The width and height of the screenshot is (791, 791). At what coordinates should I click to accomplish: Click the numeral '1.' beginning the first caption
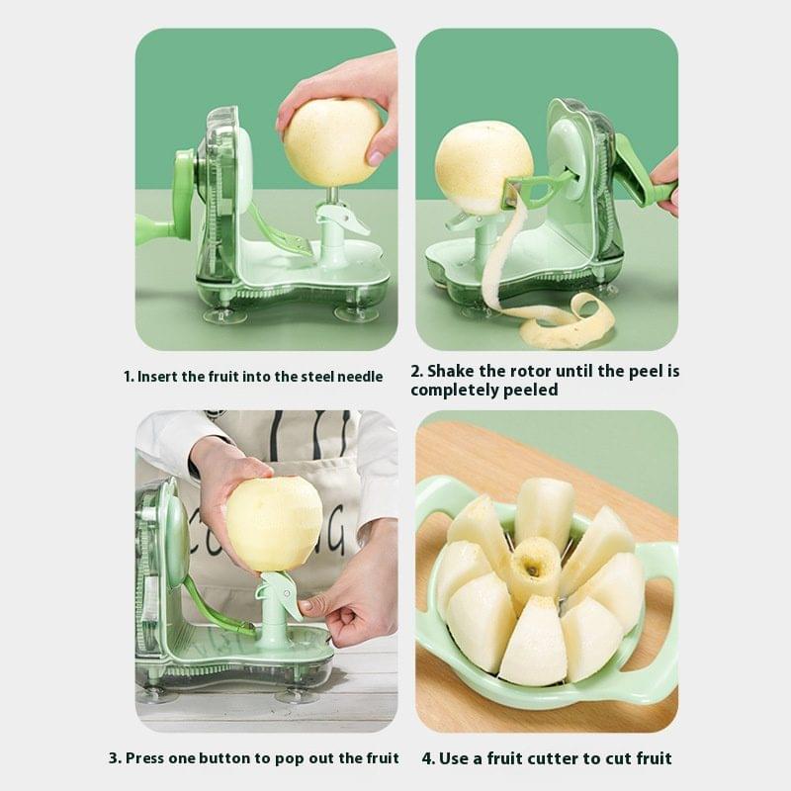coord(129,377)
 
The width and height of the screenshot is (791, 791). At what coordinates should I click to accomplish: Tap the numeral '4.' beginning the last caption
coord(429,758)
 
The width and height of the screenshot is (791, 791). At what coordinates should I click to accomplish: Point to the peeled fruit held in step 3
coord(273,523)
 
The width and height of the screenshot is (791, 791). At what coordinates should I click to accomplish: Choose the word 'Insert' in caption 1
coord(159,377)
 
